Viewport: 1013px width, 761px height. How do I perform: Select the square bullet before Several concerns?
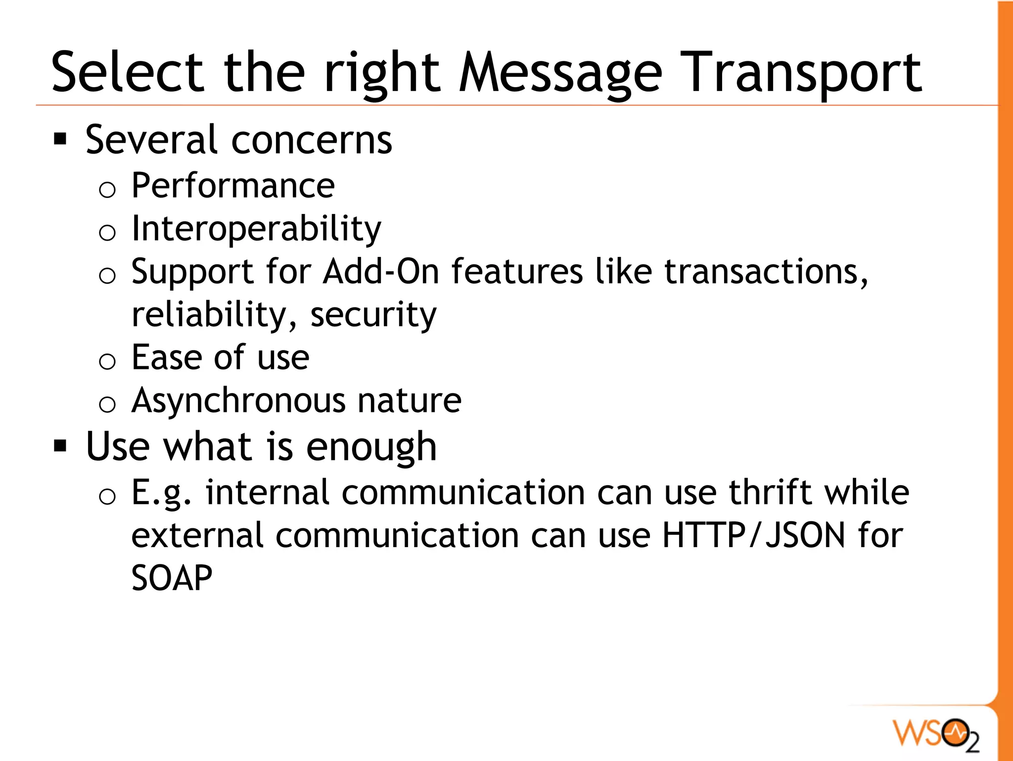click(x=60, y=140)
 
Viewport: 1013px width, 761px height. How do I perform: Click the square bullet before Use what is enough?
click(x=60, y=446)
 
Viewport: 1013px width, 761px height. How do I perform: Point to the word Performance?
click(x=233, y=186)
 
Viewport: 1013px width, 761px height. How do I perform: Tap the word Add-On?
click(x=381, y=272)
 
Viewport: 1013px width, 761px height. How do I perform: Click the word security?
click(x=373, y=315)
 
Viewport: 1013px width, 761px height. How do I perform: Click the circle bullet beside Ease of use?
click(x=107, y=361)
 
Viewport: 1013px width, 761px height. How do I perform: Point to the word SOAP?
click(x=172, y=578)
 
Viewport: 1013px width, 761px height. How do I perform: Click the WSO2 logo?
click(x=936, y=733)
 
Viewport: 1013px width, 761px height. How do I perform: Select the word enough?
click(x=371, y=447)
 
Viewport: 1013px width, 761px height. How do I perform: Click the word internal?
click(x=267, y=493)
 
